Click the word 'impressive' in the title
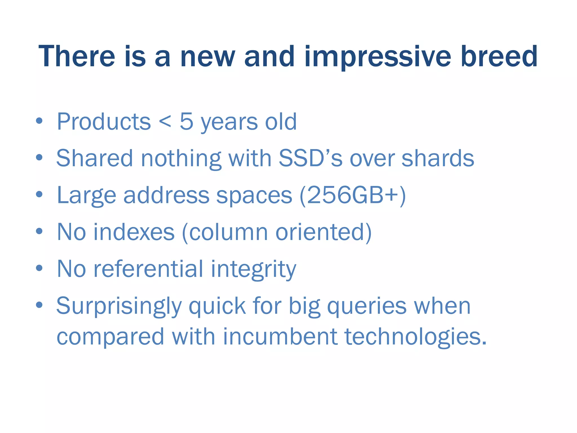tap(378, 57)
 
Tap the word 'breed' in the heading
tap(499, 57)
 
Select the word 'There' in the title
tap(77, 57)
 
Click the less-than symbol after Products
tap(165, 122)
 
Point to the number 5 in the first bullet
tap(187, 122)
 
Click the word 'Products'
tap(104, 122)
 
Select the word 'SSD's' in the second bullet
tap(310, 158)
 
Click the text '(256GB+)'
tap(352, 196)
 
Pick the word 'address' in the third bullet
tap(166, 196)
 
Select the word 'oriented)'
tap(323, 232)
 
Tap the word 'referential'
tap(148, 269)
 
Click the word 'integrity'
tap(254, 269)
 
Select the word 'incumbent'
tap(280, 337)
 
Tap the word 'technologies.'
tap(416, 337)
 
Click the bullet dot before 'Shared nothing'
tap(39, 158)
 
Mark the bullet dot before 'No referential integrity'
tap(39, 268)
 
